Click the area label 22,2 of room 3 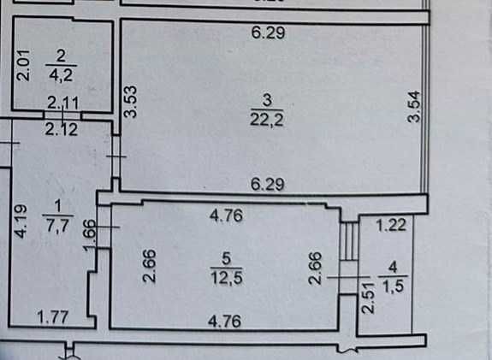(x=267, y=120)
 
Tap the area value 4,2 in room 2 (x=62, y=75)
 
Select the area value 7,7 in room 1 (x=57, y=225)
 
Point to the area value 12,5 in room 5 (x=227, y=278)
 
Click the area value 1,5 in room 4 (x=393, y=286)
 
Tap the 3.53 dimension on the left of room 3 (x=131, y=101)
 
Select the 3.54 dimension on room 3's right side (x=414, y=106)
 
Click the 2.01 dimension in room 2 (x=24, y=65)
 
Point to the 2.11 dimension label (x=63, y=103)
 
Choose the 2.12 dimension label (x=62, y=129)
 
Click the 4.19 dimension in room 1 (x=21, y=221)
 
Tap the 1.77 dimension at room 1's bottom (x=53, y=316)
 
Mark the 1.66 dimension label (x=90, y=235)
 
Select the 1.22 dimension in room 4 (x=391, y=225)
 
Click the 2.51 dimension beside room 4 (x=368, y=298)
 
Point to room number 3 (x=267, y=101)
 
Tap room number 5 (x=226, y=259)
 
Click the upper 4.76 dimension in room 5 (x=226, y=215)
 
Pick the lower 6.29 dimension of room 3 (x=268, y=184)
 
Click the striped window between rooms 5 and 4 (x=349, y=241)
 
